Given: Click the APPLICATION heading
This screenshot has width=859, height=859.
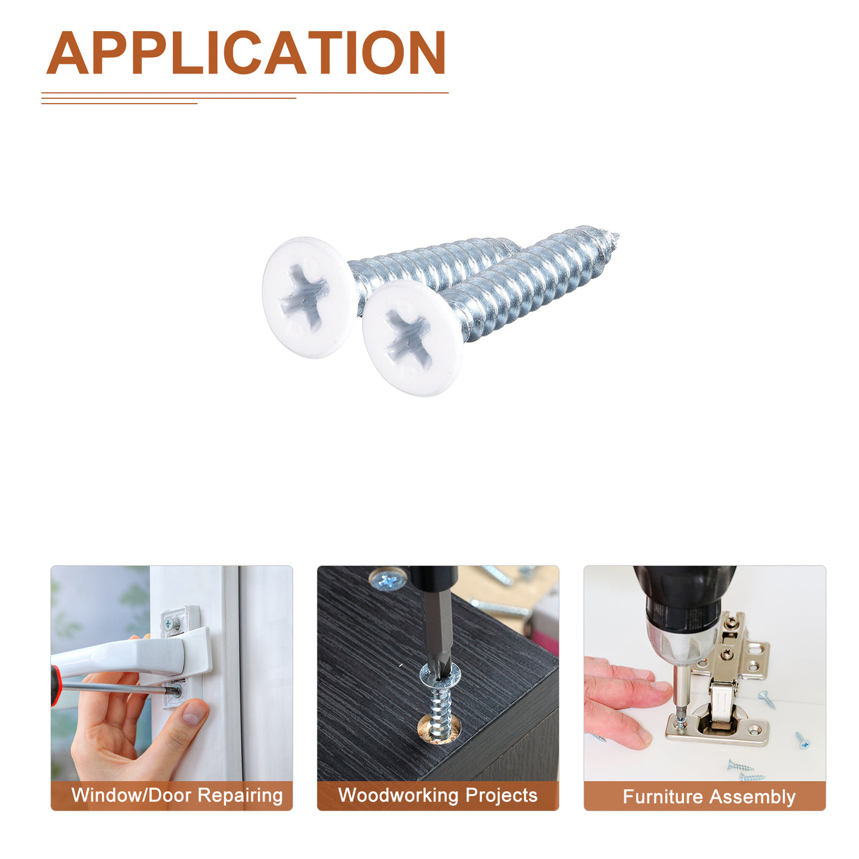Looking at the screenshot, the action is pos(245,52).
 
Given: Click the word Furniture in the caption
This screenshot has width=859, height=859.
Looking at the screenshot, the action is pos(663,796).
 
